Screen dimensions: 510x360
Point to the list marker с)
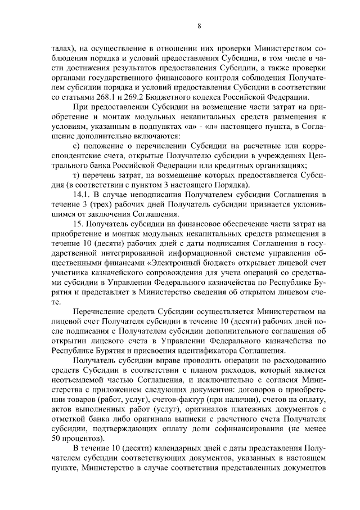point(77,146)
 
